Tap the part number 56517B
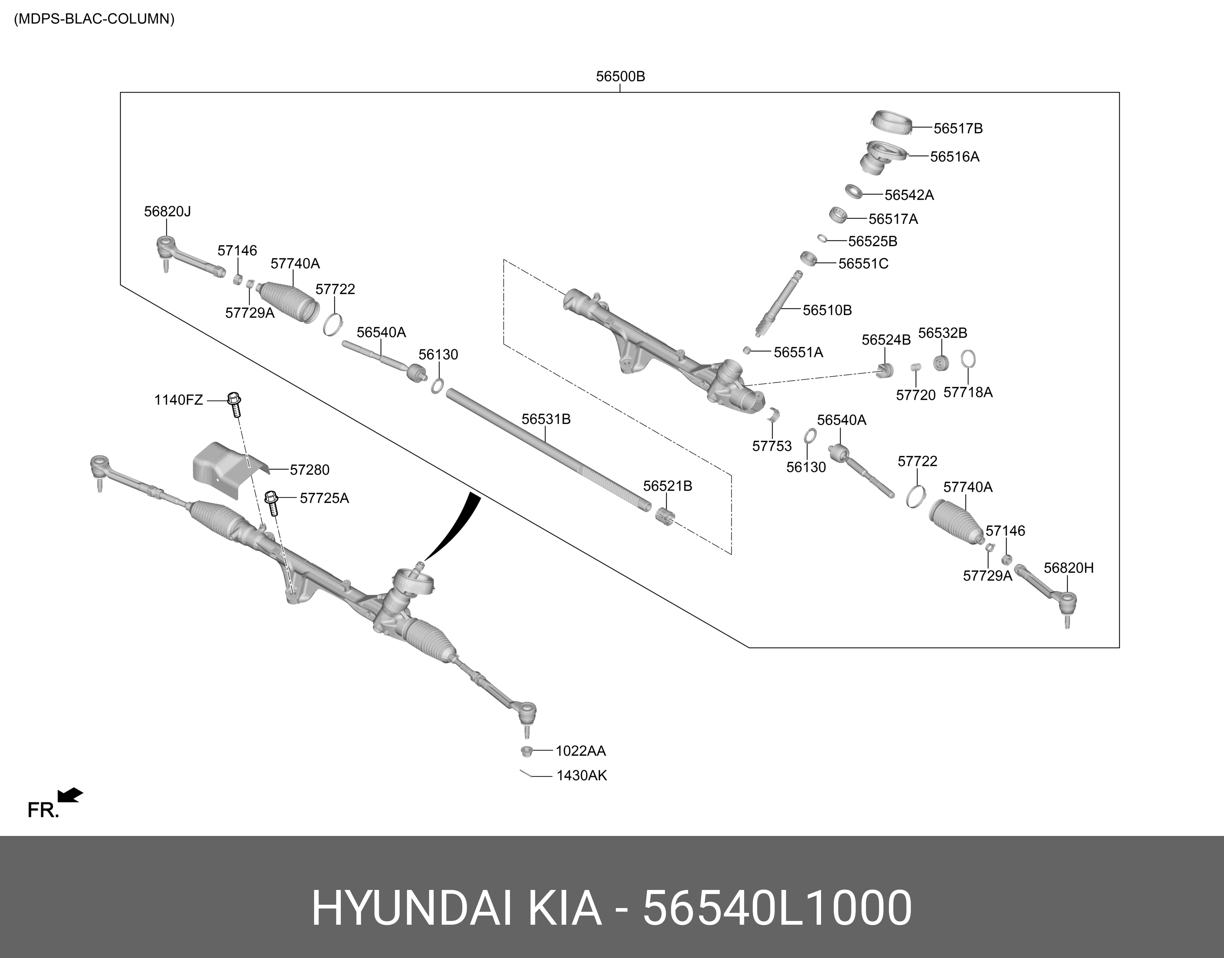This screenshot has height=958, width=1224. click(x=958, y=128)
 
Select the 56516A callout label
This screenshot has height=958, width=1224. click(x=954, y=157)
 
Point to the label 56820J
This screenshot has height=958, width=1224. click(x=167, y=212)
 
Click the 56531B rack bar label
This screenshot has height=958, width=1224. click(x=546, y=419)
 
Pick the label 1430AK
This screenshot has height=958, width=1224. click(x=581, y=776)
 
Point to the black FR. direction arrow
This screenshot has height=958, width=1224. click(x=71, y=795)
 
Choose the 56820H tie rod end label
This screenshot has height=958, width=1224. click(x=1068, y=568)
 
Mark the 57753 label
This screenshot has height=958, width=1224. click(x=771, y=446)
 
